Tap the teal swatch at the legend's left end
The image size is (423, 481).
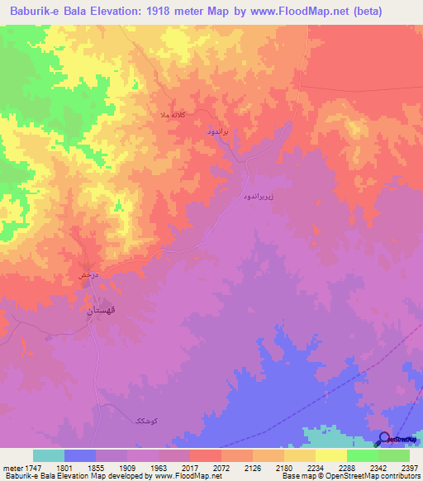[x=48, y=455]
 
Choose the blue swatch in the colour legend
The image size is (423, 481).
[x=79, y=455]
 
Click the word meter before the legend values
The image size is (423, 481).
[x=12, y=468]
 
